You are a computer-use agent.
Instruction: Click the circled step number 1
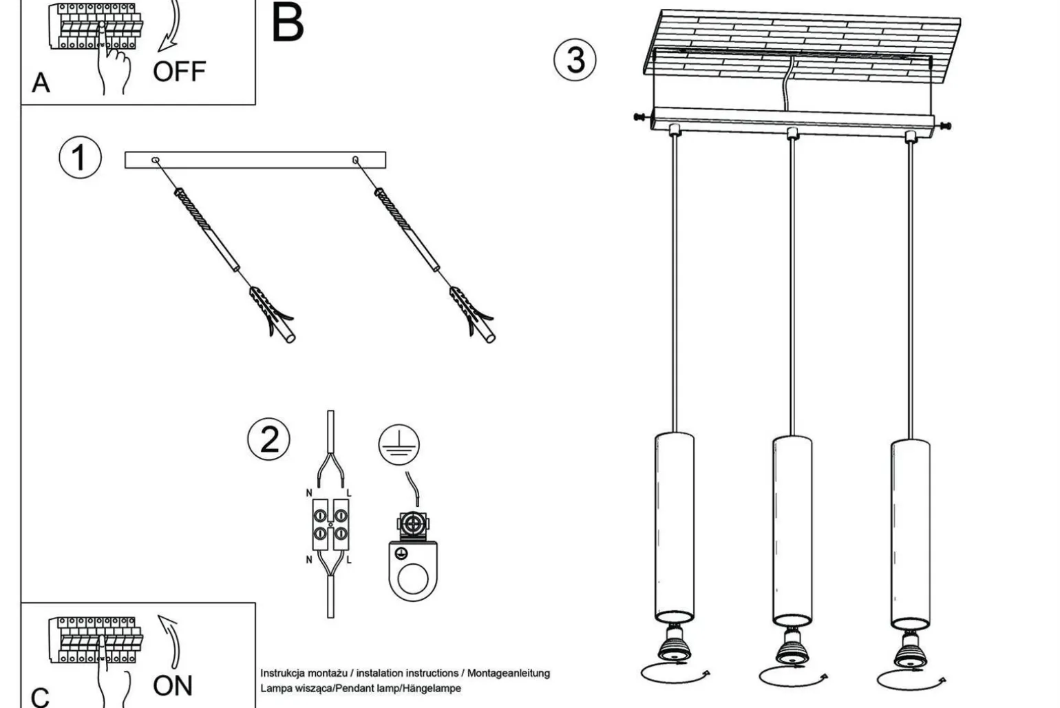(80, 158)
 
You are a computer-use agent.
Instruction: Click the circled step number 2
(269, 439)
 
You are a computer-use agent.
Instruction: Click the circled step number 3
(575, 60)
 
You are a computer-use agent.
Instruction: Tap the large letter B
(288, 23)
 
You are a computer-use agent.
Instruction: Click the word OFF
(179, 72)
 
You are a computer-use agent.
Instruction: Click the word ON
(172, 686)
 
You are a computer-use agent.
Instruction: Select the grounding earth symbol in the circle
(399, 444)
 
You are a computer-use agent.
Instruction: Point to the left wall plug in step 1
(272, 313)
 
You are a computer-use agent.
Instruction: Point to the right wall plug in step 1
(472, 313)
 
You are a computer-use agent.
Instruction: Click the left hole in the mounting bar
(156, 160)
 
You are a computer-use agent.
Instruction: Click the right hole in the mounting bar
(356, 160)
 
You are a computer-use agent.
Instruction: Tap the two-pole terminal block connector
(330, 525)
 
